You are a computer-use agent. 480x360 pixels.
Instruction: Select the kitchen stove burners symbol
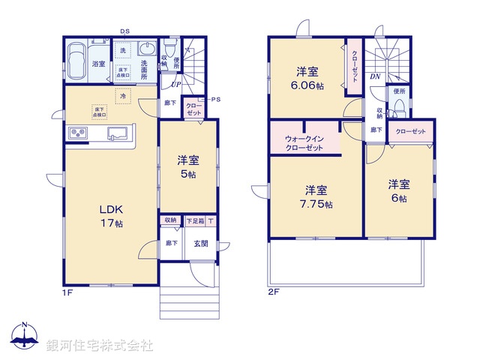[78, 133]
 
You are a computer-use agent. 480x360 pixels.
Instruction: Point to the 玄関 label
[201, 243]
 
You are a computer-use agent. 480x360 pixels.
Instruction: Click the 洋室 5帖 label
[187, 166]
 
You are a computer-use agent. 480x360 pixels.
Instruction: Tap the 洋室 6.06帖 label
[308, 79]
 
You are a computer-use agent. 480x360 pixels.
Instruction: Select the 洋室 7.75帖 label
[318, 196]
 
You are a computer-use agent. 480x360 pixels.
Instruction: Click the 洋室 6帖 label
[398, 190]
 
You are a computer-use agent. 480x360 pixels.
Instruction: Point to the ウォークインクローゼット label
[304, 143]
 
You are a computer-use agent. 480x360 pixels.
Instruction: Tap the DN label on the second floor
[375, 77]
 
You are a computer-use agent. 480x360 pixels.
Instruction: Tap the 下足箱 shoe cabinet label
[195, 221]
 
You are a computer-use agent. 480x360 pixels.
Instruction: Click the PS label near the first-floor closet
[216, 100]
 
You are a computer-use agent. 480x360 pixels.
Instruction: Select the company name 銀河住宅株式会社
[100, 346]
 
